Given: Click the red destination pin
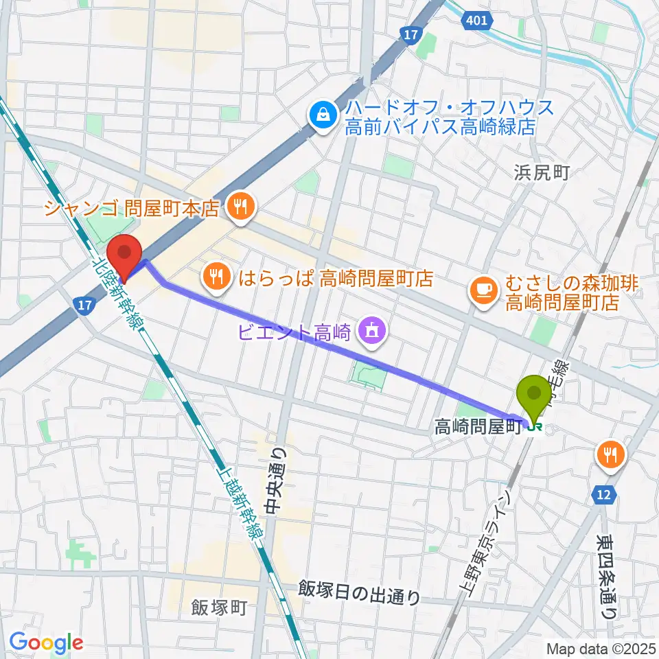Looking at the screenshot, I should (125, 255).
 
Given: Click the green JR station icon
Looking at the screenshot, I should (535, 426).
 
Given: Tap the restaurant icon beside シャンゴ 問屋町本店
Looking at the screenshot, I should (240, 207).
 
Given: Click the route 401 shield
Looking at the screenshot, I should (476, 21).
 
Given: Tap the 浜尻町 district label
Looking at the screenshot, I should (542, 172).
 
